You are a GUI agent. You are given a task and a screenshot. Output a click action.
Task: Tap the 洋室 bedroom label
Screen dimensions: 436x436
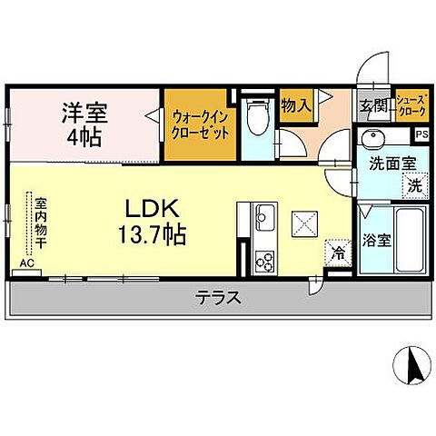click(x=84, y=114)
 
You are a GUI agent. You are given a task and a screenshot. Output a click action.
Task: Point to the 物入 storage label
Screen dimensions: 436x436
click(x=296, y=104)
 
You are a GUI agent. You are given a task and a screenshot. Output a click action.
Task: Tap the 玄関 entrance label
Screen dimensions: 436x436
click(x=372, y=106)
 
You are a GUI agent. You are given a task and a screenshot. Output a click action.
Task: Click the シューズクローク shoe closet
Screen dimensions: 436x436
click(x=409, y=104)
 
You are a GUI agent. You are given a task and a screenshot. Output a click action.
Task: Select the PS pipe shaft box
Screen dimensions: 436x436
click(x=421, y=134)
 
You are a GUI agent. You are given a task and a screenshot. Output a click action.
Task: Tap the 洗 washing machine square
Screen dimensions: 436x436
click(x=413, y=184)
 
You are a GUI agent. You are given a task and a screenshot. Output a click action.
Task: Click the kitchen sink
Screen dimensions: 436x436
click(x=263, y=218)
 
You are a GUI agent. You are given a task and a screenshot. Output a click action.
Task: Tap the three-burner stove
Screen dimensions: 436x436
click(x=265, y=260)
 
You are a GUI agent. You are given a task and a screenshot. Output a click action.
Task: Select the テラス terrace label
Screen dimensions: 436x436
click(x=219, y=297)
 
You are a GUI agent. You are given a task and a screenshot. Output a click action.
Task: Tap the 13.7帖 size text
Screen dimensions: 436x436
click(x=152, y=235)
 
